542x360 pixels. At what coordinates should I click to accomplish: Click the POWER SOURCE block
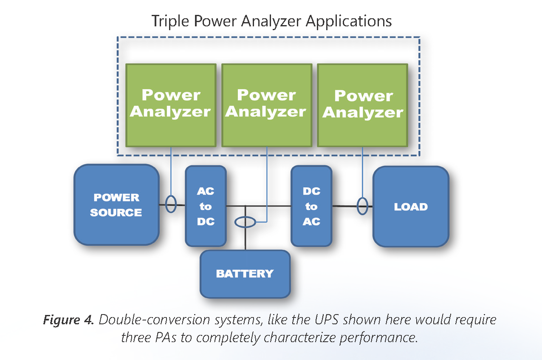[x=116, y=205]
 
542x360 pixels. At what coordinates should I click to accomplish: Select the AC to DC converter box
[x=206, y=206]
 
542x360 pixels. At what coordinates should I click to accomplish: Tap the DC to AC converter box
[x=311, y=206]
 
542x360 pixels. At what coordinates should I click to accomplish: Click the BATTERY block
[x=245, y=274]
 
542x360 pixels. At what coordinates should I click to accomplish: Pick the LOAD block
[x=410, y=207]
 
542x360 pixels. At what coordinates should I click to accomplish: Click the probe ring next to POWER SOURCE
[x=171, y=204]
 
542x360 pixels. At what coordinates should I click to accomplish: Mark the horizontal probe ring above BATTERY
[x=245, y=222]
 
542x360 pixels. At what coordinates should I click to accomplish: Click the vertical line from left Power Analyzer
[x=171, y=170]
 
